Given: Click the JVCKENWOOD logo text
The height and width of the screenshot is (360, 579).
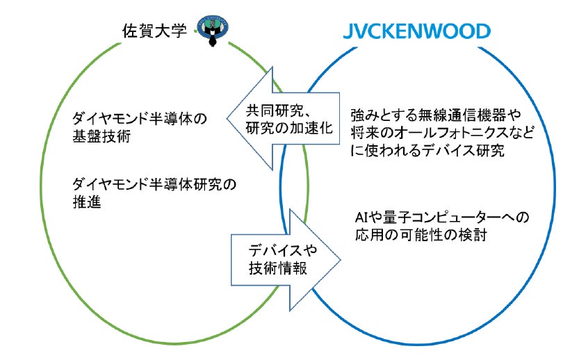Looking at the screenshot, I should click(x=416, y=31).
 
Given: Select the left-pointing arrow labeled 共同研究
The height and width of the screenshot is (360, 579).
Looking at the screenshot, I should click(x=271, y=119).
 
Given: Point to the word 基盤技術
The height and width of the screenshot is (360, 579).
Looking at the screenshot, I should click(x=101, y=137).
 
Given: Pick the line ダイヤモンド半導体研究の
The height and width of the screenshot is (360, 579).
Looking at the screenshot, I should click(x=154, y=186).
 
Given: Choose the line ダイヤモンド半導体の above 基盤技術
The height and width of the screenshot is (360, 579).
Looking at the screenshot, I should click(x=140, y=118).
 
